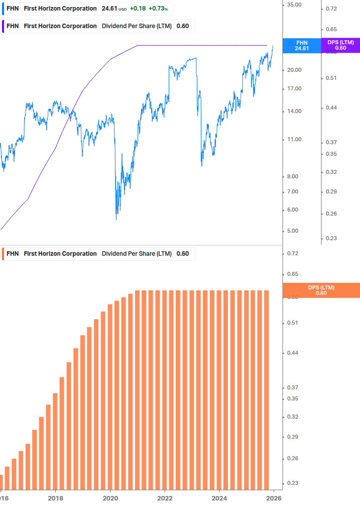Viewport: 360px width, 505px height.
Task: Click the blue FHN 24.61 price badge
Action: coord(301,45)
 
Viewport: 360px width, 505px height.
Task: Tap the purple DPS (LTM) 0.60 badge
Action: coord(340,45)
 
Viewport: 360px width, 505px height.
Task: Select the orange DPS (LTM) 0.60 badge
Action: coord(321,290)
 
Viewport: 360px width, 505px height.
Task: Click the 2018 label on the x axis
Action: coord(55,498)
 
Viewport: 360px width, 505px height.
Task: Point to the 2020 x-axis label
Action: coord(110,498)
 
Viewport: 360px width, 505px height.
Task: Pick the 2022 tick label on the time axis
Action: coord(165,498)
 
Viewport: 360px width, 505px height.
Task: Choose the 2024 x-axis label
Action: coord(219,498)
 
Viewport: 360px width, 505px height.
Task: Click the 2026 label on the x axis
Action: coord(273,498)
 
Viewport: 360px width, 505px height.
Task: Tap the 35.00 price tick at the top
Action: coord(294,5)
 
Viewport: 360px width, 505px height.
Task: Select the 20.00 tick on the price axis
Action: coord(294,70)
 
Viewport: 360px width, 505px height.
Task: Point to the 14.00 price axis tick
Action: coord(294,111)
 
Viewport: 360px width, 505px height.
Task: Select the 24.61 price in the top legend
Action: coord(109,9)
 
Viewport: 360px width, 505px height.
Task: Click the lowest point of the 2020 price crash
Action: coord(116,220)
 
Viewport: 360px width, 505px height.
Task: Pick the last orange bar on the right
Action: coord(267,389)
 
